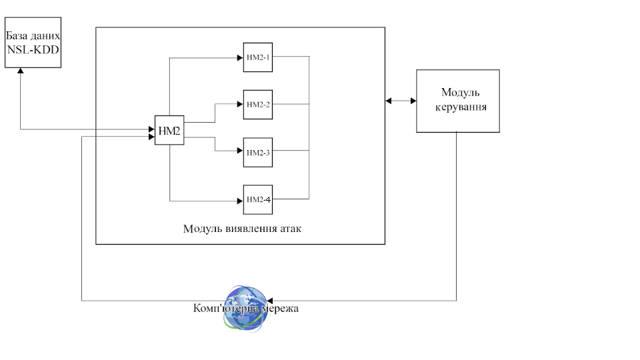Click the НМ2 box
tap(169, 130)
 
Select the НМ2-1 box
tap(257, 57)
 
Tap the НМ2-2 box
tap(257, 105)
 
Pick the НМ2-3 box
tap(257, 153)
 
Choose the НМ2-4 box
tap(257, 199)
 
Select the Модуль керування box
tap(458, 101)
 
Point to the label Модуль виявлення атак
tap(242, 229)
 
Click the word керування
tap(459, 107)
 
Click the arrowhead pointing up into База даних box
tap(21, 71)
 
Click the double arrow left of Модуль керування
tap(401, 101)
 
